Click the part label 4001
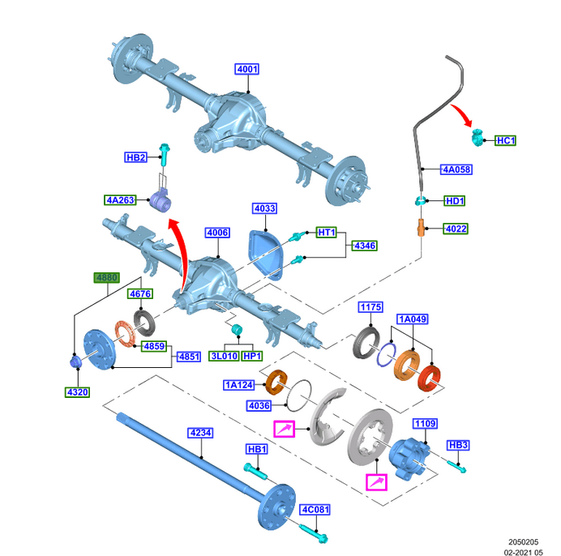pos(246,70)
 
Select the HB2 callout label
pos(135,157)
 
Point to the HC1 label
pos(505,141)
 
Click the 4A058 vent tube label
pos(456,169)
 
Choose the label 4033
pos(264,208)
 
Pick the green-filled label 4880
pos(107,278)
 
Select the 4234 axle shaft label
pos(200,434)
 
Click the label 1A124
pos(239,384)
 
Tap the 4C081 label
pos(315,510)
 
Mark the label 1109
pos(425,424)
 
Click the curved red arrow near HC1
pos(464,113)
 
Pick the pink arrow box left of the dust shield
pos(285,429)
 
